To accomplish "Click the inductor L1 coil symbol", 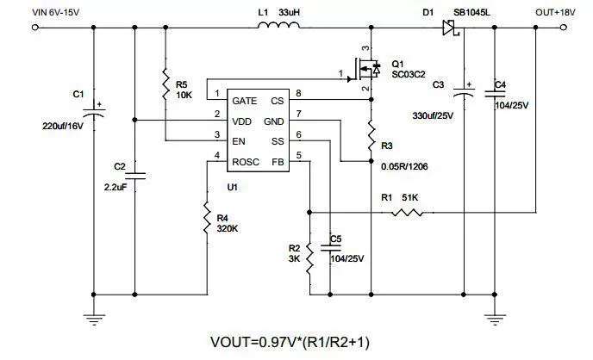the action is (x=278, y=25).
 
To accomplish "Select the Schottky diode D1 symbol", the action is (x=451, y=28).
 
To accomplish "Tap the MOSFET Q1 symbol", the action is (x=365, y=69).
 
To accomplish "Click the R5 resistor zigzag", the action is (x=165, y=84).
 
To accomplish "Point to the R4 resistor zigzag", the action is (x=207, y=218).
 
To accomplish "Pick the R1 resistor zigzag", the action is (x=407, y=213).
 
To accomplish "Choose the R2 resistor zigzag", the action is (x=309, y=258).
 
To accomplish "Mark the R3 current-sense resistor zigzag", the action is (x=371, y=136).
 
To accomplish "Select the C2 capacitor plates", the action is (x=135, y=176).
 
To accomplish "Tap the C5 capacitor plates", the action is (x=330, y=247).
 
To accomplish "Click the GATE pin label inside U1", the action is (x=244, y=101).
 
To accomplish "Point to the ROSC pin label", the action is (x=246, y=162).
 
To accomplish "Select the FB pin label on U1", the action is (x=278, y=162).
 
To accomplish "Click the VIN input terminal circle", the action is (x=35, y=28).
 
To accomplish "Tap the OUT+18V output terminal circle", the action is (x=564, y=28).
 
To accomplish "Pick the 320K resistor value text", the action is (x=228, y=228).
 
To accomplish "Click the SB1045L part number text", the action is (x=471, y=12).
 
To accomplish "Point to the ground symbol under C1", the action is (x=94, y=320).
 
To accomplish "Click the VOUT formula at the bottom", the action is (x=290, y=342).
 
